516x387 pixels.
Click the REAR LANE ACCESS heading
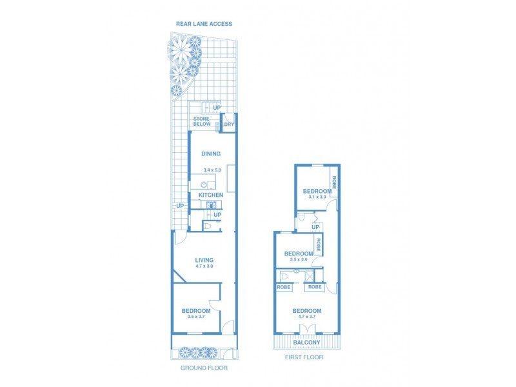click(x=204, y=24)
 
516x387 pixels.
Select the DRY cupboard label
click(x=228, y=124)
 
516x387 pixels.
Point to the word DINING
click(x=211, y=154)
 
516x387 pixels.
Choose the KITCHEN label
click(x=211, y=195)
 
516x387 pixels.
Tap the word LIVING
click(x=204, y=260)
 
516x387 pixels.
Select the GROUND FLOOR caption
click(x=204, y=368)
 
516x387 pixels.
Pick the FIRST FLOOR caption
click(x=304, y=357)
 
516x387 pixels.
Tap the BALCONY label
click(x=306, y=342)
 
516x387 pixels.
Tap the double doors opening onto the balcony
click(x=306, y=330)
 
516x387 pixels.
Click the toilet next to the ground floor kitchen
click(x=207, y=226)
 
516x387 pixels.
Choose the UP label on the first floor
click(x=315, y=227)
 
